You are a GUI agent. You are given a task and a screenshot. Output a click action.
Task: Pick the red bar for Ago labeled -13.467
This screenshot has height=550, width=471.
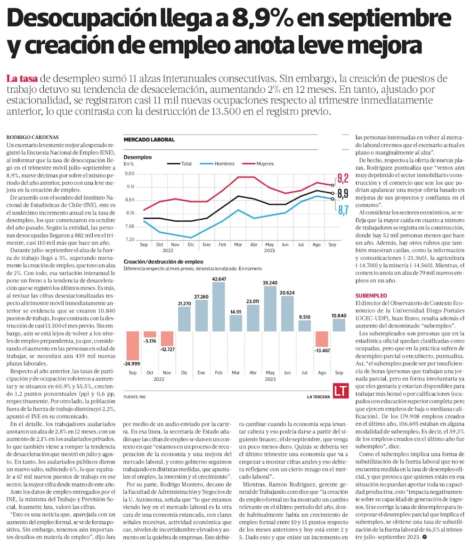[322, 339]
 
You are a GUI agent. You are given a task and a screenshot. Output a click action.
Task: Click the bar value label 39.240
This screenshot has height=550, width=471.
[269, 282]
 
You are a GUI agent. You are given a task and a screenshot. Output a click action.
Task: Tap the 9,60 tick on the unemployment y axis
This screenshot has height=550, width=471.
[130, 174]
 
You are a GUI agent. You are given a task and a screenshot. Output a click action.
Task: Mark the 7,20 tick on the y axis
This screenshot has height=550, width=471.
[130, 239]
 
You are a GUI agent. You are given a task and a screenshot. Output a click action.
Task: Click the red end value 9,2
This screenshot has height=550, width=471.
[343, 178]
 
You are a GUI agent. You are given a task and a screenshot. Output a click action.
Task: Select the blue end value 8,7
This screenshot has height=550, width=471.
[343, 209]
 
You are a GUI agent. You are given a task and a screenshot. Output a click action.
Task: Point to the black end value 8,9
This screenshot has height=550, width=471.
[343, 193]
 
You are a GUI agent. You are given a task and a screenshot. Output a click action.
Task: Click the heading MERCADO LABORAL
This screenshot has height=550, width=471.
[149, 140]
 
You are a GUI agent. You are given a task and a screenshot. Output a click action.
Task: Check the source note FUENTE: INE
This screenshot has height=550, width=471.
[135, 397]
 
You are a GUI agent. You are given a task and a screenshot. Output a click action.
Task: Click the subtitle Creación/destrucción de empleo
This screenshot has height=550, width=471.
[163, 261]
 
